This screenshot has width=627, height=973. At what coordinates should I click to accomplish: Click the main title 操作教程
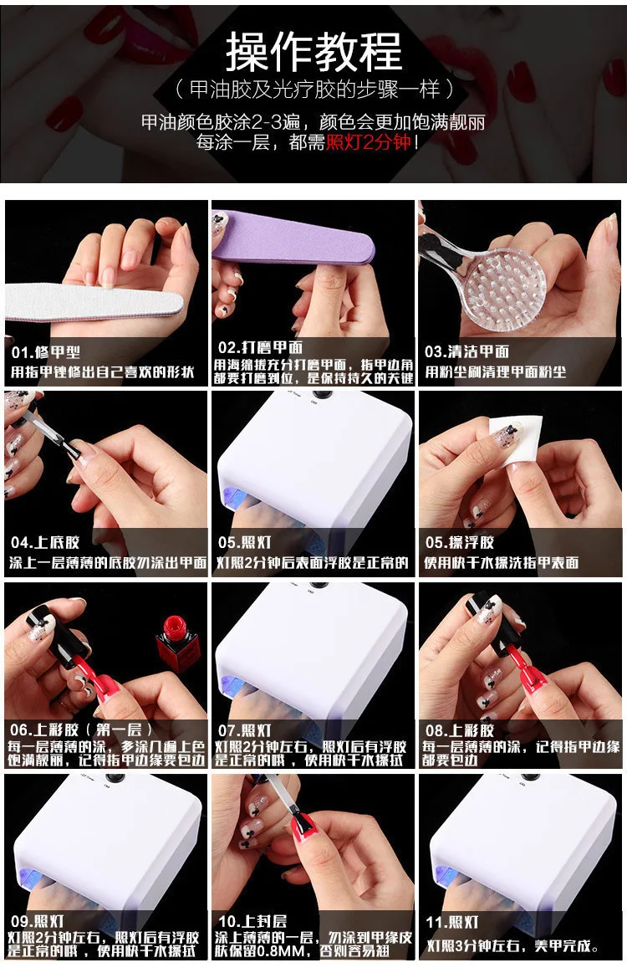[313, 52]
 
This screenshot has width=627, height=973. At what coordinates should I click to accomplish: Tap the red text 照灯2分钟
[369, 142]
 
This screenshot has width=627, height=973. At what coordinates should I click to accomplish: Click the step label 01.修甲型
[46, 352]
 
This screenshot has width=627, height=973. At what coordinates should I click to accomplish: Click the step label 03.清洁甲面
[467, 352]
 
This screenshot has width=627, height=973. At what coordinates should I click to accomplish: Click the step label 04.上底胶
[45, 542]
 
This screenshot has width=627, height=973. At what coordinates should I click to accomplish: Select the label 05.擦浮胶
[460, 542]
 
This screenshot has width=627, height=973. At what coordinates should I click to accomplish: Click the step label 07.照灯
[244, 730]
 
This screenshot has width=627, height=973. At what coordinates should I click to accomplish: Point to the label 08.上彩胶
[460, 730]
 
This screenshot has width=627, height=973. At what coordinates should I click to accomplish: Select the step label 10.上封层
[252, 921]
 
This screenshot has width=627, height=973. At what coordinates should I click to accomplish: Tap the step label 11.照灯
[452, 922]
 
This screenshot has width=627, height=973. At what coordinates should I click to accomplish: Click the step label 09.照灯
[38, 921]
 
